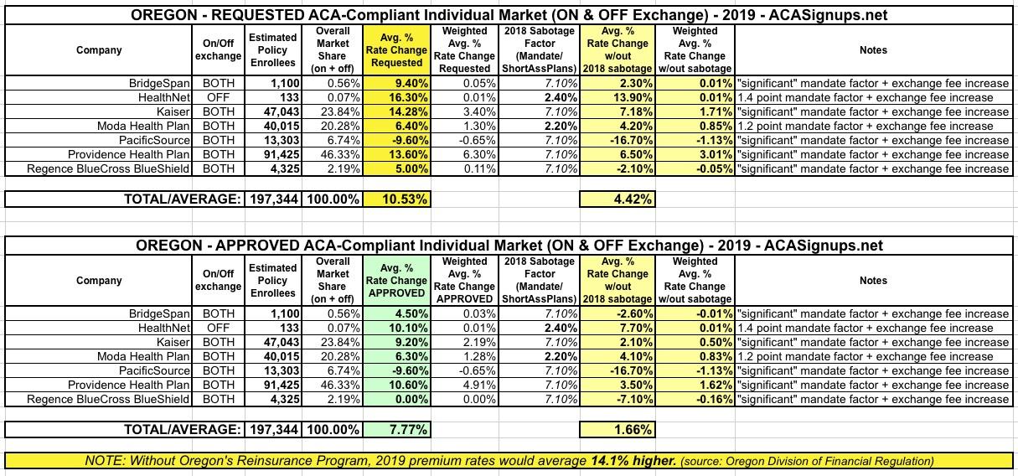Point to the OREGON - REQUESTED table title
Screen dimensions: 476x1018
coord(509,15)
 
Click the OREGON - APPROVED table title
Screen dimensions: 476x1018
coord(509,246)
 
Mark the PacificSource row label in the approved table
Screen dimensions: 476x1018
coord(155,370)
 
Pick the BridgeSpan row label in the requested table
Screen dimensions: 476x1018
coord(158,83)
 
